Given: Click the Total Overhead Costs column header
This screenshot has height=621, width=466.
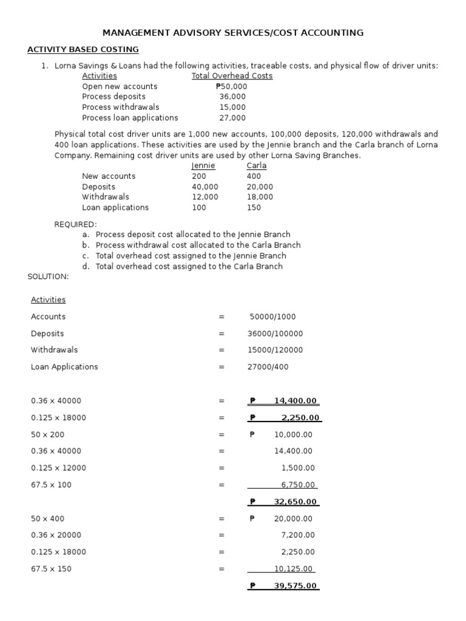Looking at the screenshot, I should [232, 76].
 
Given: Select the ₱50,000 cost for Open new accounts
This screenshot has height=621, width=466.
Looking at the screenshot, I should [231, 86].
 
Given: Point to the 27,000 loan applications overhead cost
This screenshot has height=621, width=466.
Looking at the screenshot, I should [232, 118].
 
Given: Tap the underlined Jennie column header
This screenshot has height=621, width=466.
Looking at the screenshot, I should [203, 166].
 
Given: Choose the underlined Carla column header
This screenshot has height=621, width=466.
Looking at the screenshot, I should [256, 166].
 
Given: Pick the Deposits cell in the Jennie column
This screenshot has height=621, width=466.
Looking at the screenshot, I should [205, 187].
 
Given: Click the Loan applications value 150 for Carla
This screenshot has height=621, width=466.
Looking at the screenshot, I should [254, 207].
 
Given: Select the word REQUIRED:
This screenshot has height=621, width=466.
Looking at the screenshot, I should [76, 224].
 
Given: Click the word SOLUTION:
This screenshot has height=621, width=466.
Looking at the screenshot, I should [49, 277].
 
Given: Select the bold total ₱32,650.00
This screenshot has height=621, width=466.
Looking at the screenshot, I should [285, 502].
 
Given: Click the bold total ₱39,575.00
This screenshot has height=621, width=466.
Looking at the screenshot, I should [285, 585].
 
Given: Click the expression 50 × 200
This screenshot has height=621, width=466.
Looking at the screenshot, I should [47, 435].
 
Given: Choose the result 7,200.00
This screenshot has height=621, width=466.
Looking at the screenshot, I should [298, 535].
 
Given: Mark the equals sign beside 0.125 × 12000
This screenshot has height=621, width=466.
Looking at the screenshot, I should [221, 468].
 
